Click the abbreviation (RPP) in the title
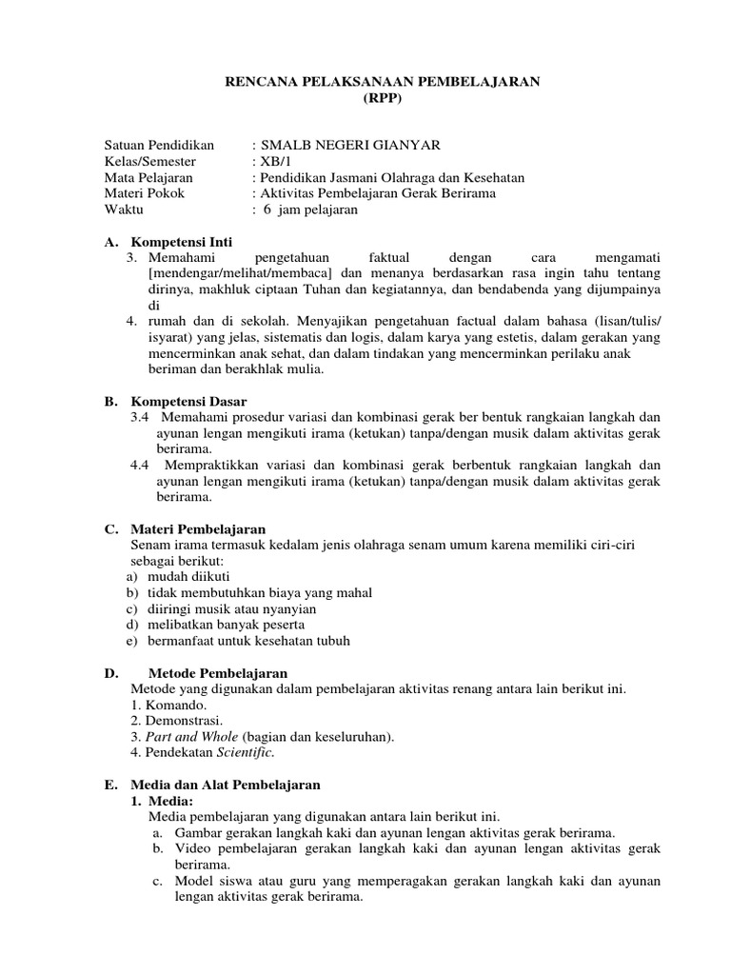(383, 99)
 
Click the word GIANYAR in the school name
(405, 145)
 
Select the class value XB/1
(279, 162)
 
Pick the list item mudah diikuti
(188, 576)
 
